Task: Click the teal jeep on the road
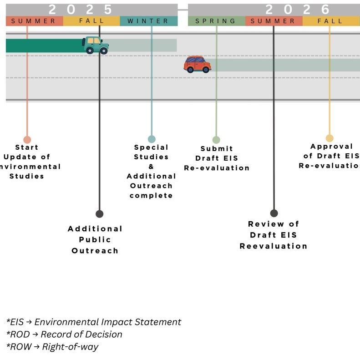96,45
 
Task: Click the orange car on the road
198,64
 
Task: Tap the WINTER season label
148,21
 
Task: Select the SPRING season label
216,21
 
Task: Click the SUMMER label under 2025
34,21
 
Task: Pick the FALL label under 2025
91,21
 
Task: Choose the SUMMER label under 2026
273,21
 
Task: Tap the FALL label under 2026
330,21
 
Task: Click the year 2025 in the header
80,9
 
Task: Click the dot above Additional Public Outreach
99,214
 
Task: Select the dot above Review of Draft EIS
274,213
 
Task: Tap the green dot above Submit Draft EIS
216,140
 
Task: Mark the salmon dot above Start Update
27,140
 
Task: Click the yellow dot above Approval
330,138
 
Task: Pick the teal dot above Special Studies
152,139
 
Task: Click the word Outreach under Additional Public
95,251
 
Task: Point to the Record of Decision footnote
64,335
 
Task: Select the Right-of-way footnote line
52,347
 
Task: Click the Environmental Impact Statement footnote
94,322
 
